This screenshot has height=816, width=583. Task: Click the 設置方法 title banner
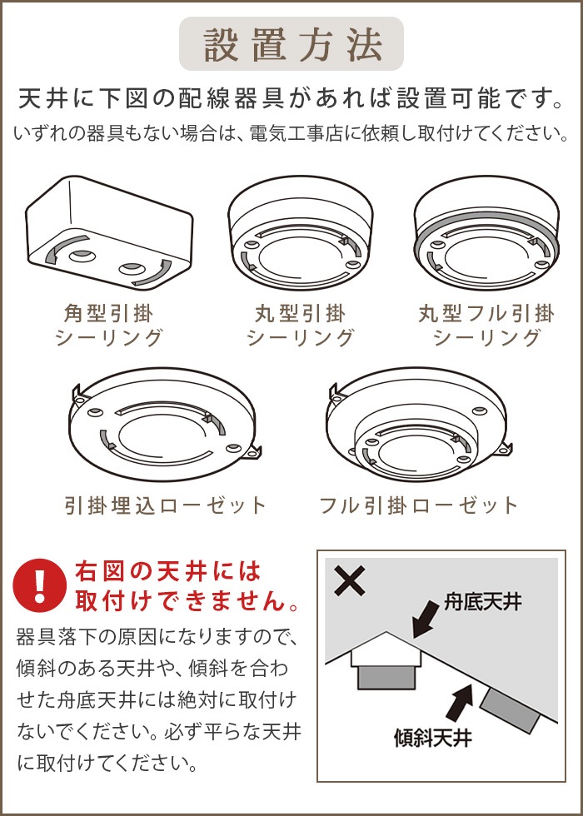[291, 43]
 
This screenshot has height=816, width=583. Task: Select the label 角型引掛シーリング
[109, 326]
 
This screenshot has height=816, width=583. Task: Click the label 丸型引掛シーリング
[301, 326]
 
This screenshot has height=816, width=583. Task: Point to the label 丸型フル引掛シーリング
[486, 326]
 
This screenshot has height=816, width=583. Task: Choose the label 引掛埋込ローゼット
[166, 505]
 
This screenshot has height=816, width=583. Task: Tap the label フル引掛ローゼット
[419, 505]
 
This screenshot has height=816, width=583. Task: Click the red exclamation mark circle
[40, 585]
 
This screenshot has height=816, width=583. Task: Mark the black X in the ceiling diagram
[350, 581]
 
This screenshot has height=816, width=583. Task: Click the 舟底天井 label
[482, 603]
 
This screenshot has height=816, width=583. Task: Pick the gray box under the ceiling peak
[386, 678]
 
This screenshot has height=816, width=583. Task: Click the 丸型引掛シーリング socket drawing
[301, 233]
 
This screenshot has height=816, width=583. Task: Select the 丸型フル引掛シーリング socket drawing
[486, 233]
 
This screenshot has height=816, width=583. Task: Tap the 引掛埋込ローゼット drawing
[165, 424]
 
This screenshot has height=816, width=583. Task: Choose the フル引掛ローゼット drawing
[420, 424]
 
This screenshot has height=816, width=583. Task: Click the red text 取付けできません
[187, 602]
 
